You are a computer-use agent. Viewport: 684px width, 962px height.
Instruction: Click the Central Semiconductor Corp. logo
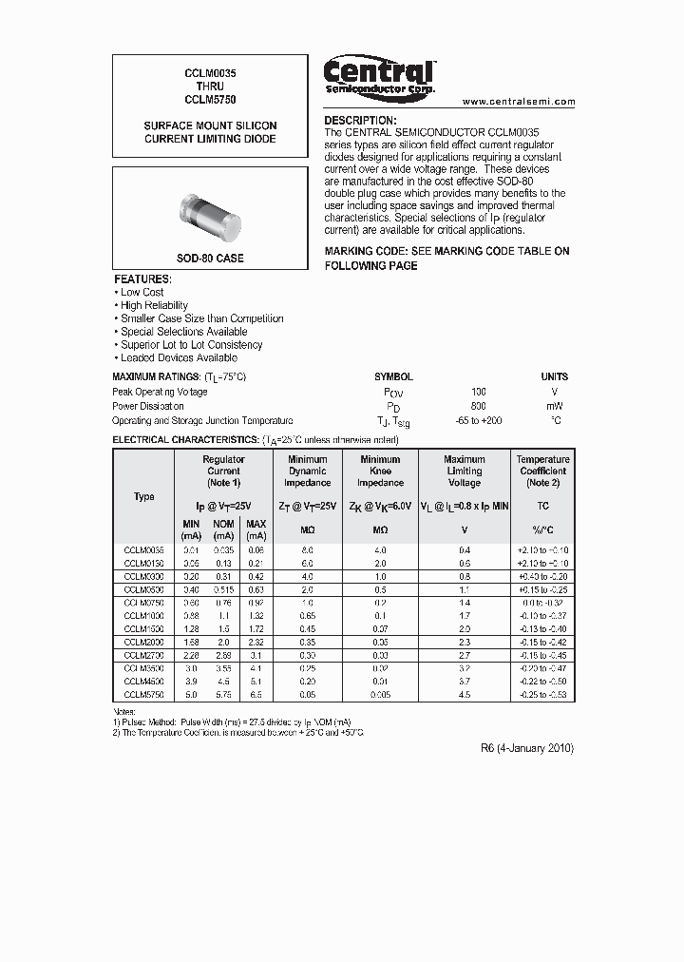(x=379, y=76)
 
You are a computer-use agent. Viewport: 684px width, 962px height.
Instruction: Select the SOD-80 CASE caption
(x=210, y=259)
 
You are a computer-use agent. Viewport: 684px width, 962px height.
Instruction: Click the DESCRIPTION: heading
(x=360, y=121)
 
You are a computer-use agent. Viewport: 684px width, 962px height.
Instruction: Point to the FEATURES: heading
(x=142, y=279)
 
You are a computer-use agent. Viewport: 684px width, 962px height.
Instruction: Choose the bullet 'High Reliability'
(x=154, y=305)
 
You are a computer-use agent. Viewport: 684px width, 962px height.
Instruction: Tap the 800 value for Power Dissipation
(x=478, y=406)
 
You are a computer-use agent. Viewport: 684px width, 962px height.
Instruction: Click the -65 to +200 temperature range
(x=478, y=420)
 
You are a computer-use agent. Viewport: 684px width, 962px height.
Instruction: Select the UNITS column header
(x=555, y=376)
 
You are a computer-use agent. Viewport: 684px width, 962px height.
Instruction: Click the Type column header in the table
(x=144, y=496)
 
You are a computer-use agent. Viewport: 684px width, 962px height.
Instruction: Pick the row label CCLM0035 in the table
(x=144, y=550)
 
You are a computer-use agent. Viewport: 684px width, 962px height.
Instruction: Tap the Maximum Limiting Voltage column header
(x=465, y=471)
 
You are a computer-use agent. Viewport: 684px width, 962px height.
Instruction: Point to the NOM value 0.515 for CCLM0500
(x=224, y=589)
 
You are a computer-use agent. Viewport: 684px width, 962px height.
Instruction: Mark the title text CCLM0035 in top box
(x=210, y=72)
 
